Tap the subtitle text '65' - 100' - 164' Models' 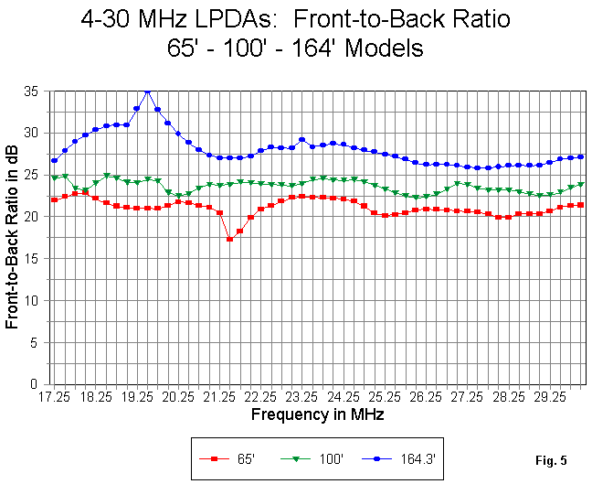[x=296, y=48]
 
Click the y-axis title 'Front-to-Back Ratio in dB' [x=14, y=237]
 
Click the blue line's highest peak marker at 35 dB [x=147, y=91]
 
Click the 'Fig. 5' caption [x=551, y=459]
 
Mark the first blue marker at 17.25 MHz [x=55, y=160]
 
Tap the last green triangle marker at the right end [x=580, y=184]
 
